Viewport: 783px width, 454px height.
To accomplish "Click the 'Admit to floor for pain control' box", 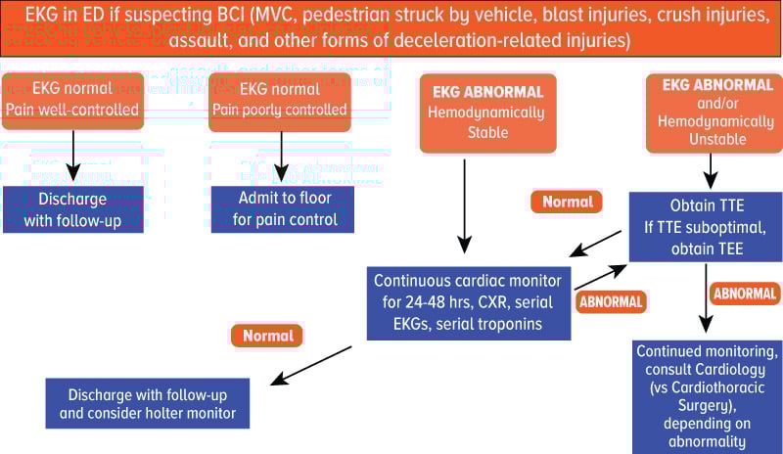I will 282,208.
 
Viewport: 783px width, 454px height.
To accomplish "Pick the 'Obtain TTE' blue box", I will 704,227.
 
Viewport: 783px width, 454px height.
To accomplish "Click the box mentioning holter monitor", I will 147,404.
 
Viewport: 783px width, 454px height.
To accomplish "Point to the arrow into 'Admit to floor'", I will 282,155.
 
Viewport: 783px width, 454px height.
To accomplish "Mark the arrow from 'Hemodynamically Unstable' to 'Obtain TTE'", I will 712,169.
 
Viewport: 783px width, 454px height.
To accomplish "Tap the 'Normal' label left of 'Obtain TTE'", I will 567,203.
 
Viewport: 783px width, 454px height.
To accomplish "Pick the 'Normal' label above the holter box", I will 267,336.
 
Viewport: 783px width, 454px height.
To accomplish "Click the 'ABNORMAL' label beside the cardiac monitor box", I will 611,302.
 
